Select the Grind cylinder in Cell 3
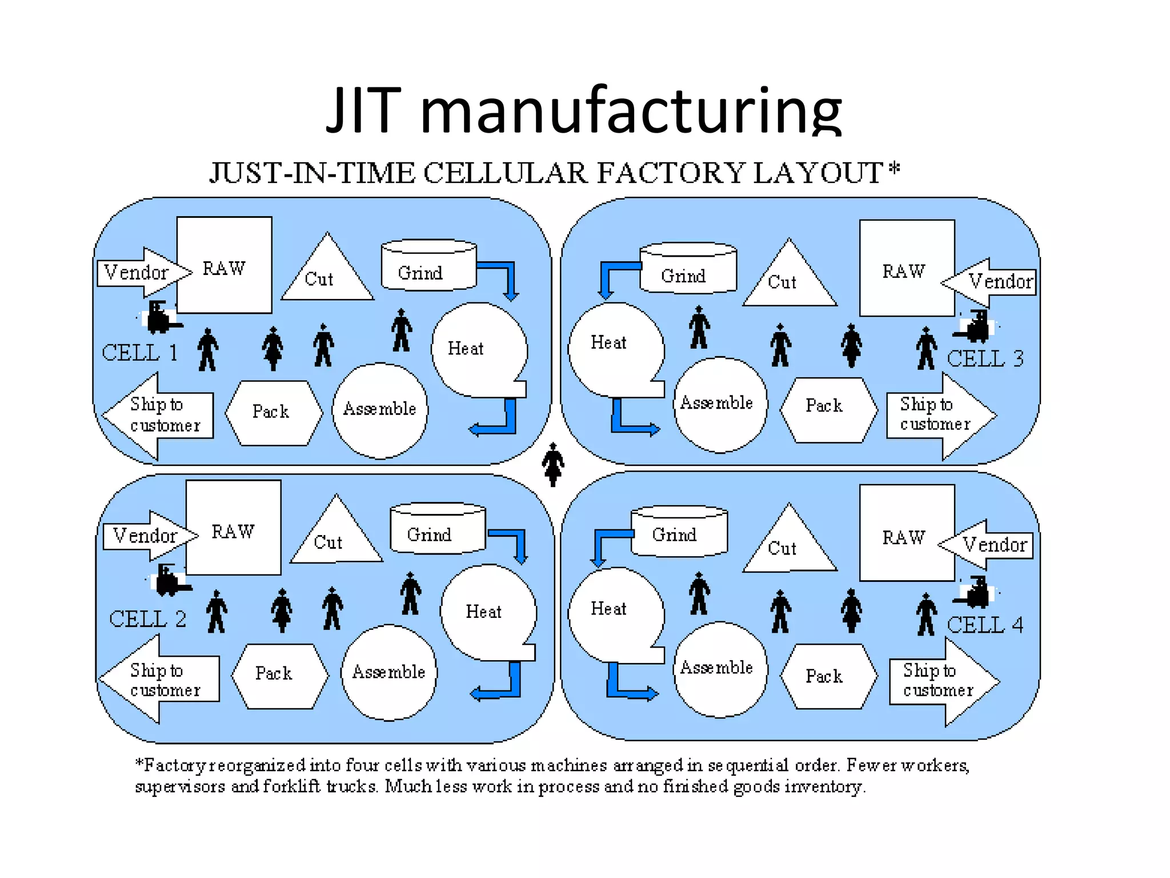point(688,269)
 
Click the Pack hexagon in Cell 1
point(273,412)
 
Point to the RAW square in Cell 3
point(906,269)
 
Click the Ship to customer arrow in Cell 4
point(943,681)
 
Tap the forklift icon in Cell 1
point(162,317)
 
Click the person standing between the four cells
point(552,464)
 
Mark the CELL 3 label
point(984,359)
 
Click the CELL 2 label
point(147,619)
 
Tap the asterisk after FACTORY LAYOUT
point(894,168)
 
